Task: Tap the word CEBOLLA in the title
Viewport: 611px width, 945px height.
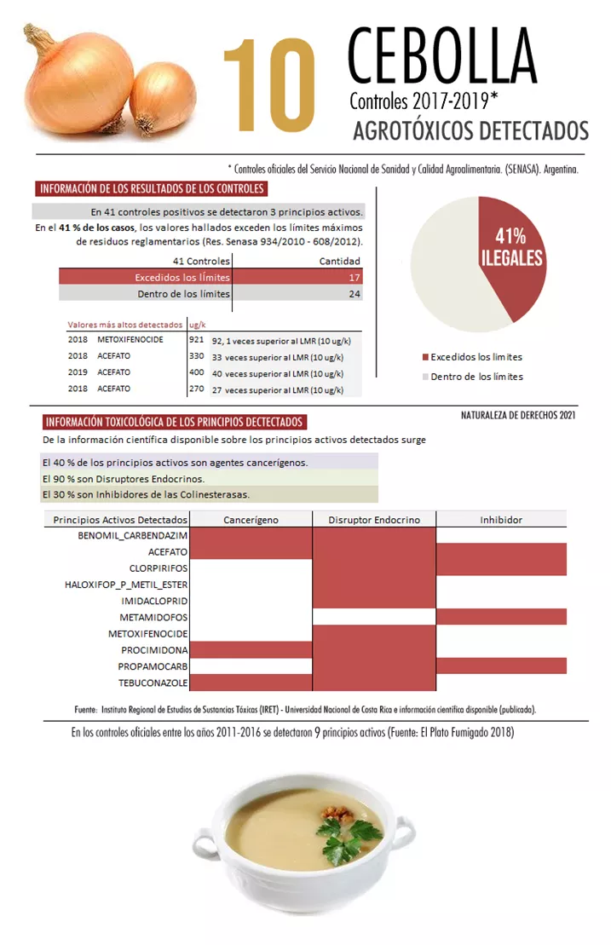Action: (441, 57)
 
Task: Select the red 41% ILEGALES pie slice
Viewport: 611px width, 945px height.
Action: (513, 260)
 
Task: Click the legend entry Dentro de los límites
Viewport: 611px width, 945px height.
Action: (476, 376)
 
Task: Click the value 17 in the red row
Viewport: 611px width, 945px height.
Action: (354, 278)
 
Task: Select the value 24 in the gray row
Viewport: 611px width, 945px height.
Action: (354, 294)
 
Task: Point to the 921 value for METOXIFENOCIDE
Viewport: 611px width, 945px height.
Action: (196, 339)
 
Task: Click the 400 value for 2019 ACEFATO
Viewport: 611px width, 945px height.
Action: (196, 372)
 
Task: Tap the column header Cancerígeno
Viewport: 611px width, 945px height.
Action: (251, 519)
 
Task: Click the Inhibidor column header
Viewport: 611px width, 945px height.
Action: (501, 519)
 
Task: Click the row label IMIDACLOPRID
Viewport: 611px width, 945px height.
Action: (153, 601)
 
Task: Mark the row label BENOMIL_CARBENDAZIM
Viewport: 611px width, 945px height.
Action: (126, 535)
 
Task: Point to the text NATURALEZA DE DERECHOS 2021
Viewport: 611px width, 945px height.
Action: (518, 415)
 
